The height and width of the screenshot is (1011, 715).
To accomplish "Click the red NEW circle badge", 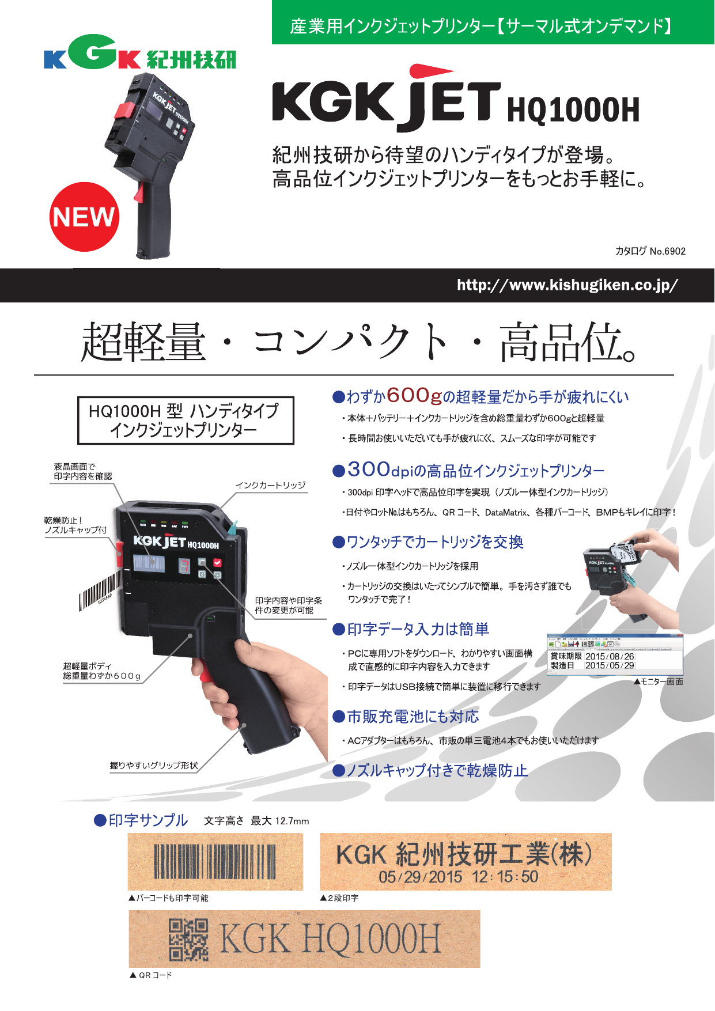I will (84, 217).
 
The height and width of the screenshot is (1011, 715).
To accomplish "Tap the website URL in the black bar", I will (567, 285).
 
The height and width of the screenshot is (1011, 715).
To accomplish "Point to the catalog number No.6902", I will (650, 251).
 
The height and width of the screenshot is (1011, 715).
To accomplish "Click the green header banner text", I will (481, 26).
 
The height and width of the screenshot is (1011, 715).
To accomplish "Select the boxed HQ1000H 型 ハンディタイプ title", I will (186, 421).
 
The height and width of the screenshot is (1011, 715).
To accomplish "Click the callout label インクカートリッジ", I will (271, 485).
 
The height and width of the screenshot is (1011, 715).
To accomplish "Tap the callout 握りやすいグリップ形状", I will (154, 766).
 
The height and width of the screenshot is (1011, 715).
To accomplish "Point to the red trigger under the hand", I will (204, 672).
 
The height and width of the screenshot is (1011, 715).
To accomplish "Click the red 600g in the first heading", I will (414, 396).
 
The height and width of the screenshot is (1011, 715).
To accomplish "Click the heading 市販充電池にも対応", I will (413, 717).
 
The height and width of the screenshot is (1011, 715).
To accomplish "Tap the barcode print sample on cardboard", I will (215, 861).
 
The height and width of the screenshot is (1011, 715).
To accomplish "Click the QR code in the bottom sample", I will (188, 940).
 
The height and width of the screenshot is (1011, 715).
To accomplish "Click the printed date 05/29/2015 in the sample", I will (421, 877).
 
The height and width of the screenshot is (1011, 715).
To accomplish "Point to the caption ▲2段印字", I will (339, 898).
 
